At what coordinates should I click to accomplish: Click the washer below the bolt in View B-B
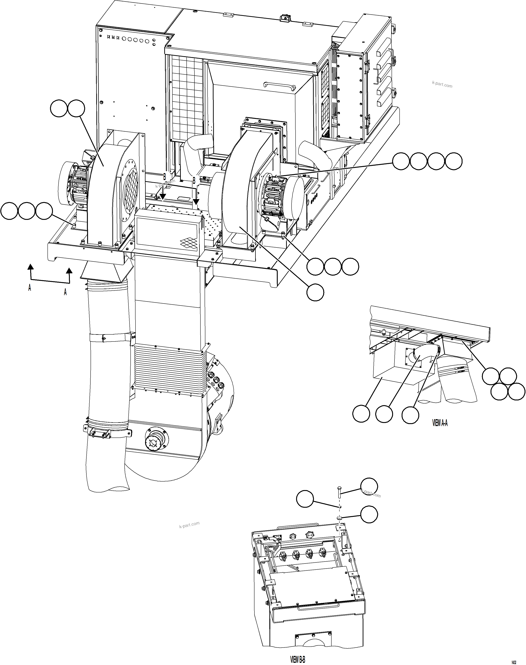point(339,518)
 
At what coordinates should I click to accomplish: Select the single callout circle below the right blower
point(315,292)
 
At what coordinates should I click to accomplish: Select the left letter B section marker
point(164,177)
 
